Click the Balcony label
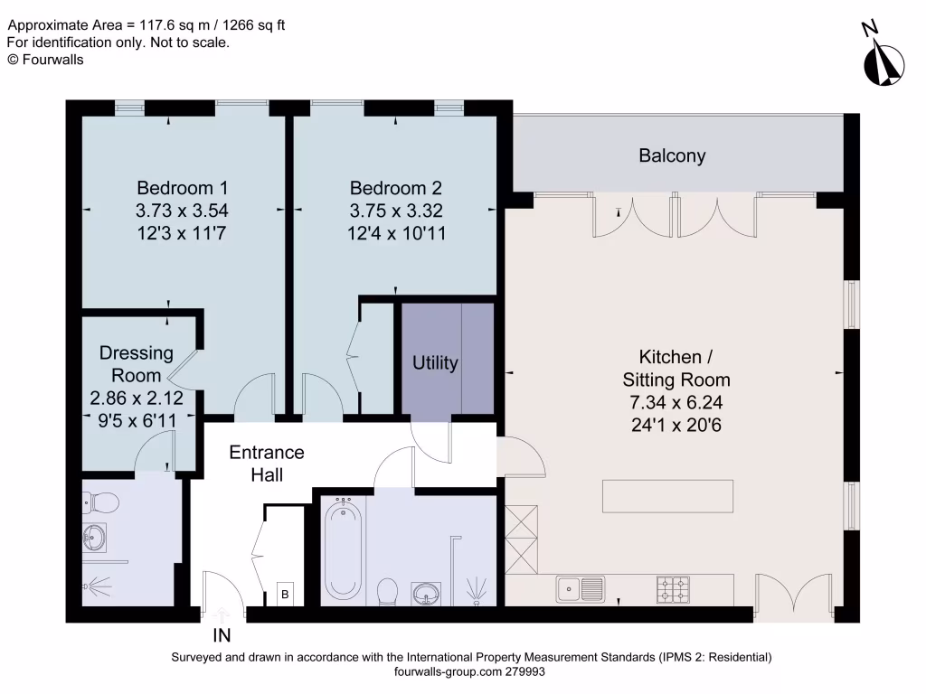(x=672, y=155)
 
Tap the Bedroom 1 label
(x=182, y=188)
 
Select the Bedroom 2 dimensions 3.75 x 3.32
(x=396, y=211)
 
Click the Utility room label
(x=435, y=363)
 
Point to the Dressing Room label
(x=130, y=363)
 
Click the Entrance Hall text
(x=266, y=463)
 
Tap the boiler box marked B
(x=286, y=595)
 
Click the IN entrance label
(x=222, y=635)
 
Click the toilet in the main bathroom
(x=387, y=592)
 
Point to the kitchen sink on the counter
(x=580, y=589)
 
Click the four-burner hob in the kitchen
(x=672, y=589)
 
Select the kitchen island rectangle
(x=667, y=496)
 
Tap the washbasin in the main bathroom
(x=428, y=594)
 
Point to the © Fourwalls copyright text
(x=45, y=59)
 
